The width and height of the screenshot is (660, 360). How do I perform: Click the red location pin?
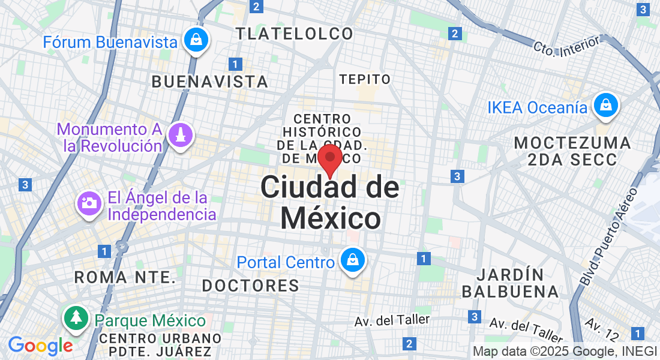[x=330, y=158]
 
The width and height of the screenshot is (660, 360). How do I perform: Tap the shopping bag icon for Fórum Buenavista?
[x=196, y=41]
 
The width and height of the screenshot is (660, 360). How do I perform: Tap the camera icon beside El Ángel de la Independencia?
[x=90, y=204]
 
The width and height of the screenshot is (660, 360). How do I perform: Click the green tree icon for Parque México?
[x=76, y=317]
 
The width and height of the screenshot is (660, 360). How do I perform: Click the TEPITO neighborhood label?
[x=365, y=79]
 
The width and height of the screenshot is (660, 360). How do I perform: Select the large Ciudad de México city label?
[x=330, y=203]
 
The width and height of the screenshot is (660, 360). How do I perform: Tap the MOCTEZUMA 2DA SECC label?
[x=573, y=151]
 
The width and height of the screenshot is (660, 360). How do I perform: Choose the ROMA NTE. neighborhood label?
[x=125, y=277]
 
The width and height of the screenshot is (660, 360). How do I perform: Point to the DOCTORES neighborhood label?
[x=250, y=286]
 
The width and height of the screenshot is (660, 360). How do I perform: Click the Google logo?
[x=40, y=346]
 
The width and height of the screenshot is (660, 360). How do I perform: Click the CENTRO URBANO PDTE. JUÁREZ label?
[x=160, y=345]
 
